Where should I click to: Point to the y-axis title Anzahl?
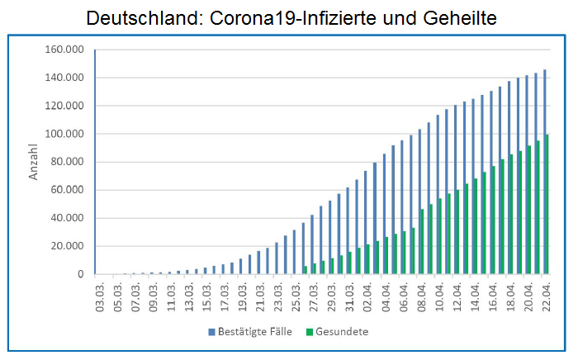[34, 162]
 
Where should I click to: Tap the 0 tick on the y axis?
[80, 274]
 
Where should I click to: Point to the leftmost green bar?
[305, 270]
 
